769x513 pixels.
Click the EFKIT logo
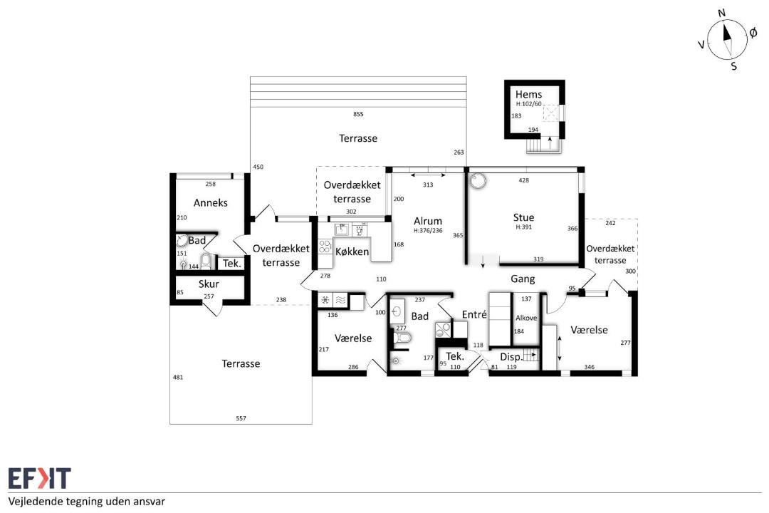click(39, 479)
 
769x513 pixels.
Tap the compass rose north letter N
click(721, 14)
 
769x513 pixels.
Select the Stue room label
click(523, 217)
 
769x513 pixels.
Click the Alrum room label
click(428, 221)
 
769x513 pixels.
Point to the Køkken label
click(352, 252)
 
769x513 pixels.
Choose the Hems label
click(528, 94)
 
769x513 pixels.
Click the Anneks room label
click(210, 203)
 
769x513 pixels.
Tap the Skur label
click(209, 284)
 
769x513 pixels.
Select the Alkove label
click(526, 318)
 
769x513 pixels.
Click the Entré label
click(474, 314)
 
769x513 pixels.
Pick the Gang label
click(523, 279)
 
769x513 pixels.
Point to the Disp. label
click(511, 357)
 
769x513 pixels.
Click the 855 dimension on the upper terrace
click(358, 114)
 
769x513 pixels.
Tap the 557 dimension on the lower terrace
click(241, 418)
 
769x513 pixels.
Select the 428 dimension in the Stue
click(524, 180)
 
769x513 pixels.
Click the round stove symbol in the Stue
click(477, 181)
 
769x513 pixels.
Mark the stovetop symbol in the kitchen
click(325, 246)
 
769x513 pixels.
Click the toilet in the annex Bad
click(206, 261)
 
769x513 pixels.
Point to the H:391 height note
click(523, 227)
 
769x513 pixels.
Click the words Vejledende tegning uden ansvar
click(86, 502)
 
